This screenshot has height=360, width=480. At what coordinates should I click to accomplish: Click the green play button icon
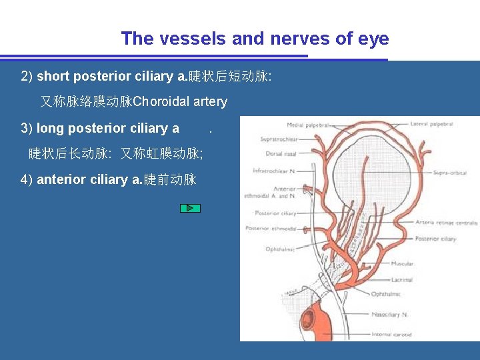pos(190,208)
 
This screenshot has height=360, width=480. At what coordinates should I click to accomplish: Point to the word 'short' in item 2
pos(53,76)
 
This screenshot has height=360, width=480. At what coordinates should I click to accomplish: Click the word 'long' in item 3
pos(51,128)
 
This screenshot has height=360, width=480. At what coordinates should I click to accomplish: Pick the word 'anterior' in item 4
pos(61,179)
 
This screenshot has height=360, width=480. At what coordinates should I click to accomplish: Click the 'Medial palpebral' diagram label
pos(309,125)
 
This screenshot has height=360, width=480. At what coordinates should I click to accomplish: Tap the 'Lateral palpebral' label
pos(432,124)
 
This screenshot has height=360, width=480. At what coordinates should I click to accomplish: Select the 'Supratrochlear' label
pos(279,140)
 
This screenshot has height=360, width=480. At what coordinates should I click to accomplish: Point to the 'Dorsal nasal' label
pos(281,154)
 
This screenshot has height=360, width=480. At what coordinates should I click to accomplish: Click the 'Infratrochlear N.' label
pos(274,171)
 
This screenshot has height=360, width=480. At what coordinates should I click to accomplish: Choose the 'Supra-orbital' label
pos(449,173)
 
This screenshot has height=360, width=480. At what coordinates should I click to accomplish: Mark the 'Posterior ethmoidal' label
pos(271,229)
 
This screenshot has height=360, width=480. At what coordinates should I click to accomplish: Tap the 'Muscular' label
pos(402,264)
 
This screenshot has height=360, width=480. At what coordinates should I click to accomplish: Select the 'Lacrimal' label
pos(402,280)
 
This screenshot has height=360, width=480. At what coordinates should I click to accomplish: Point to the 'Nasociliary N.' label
pos(391,315)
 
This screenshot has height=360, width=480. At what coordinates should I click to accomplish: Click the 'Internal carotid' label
pos(392,335)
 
